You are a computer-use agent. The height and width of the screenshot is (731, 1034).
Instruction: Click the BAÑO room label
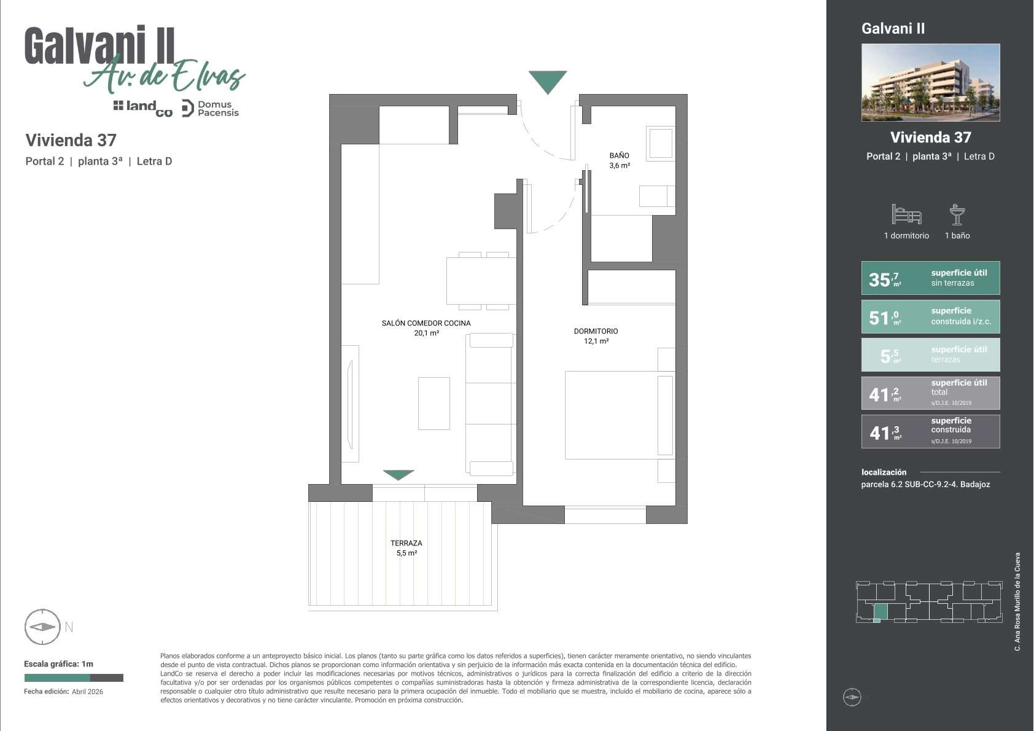pyautogui.click(x=619, y=155)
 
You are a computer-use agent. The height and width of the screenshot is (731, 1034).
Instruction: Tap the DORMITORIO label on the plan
pyautogui.click(x=596, y=331)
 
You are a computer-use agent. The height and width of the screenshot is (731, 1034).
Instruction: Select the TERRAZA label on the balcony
pyautogui.click(x=406, y=543)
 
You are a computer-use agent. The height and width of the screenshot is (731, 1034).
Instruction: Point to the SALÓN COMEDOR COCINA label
pyautogui.click(x=426, y=323)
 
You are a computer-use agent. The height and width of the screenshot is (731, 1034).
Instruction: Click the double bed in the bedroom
pyautogui.click(x=619, y=415)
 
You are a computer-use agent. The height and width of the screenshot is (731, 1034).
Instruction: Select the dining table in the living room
pyautogui.click(x=481, y=281)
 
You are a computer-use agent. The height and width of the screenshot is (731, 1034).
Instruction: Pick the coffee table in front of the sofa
pyautogui.click(x=434, y=404)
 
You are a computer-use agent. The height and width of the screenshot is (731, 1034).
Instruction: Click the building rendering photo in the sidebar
pyautogui.click(x=931, y=83)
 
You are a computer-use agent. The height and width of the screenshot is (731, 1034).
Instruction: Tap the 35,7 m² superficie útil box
pyautogui.click(x=931, y=278)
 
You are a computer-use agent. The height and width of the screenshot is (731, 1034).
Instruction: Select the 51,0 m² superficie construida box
pyautogui.click(x=931, y=317)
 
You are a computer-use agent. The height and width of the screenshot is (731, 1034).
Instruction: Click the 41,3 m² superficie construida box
pyautogui.click(x=931, y=431)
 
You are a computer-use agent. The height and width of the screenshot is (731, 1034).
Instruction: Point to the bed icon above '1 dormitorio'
pyautogui.click(x=907, y=214)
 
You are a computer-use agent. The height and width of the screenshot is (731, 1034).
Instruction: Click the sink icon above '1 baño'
pyautogui.click(x=957, y=215)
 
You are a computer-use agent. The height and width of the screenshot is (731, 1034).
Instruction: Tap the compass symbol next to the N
pyautogui.click(x=42, y=627)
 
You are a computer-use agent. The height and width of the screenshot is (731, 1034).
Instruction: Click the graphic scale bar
pyautogui.click(x=74, y=678)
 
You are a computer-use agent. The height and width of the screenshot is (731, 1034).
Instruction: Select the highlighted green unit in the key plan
pyautogui.click(x=880, y=612)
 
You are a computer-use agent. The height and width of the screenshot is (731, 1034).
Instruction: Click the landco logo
pyautogui.click(x=143, y=109)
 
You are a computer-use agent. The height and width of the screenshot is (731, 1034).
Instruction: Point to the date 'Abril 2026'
pyautogui.click(x=87, y=692)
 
